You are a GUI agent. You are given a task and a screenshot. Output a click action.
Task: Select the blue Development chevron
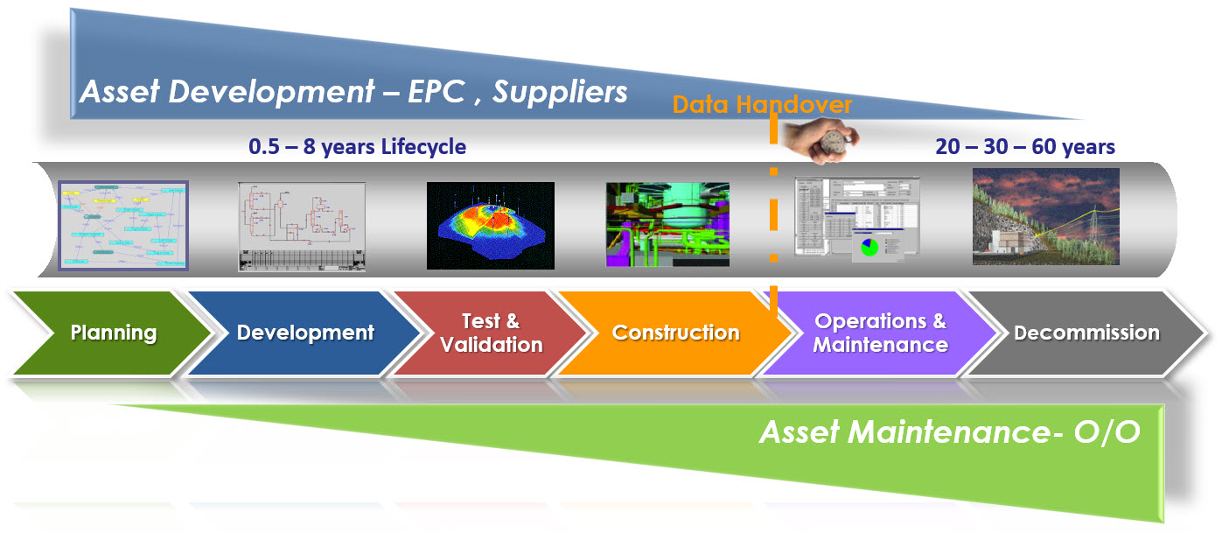coord(305,333)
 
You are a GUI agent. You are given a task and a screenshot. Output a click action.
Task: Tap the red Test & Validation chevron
coord(491,333)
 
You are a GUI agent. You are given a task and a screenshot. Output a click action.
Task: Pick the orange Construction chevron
coord(675,333)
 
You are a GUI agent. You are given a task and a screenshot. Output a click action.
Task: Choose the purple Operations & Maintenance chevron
coord(880,333)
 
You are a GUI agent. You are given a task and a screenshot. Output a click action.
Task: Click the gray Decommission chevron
coord(1086,333)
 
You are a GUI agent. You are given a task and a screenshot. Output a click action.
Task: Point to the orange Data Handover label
coord(762,106)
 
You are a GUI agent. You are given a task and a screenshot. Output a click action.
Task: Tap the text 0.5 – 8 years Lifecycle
coord(357,147)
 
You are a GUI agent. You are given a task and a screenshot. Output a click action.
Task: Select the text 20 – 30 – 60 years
coord(1025,147)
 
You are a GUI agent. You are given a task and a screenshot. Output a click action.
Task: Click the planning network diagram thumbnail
coord(123,225)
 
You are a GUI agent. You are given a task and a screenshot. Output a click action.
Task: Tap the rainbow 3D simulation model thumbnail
coord(490,225)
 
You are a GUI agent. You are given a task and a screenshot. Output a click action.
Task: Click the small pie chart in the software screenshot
coord(869,246)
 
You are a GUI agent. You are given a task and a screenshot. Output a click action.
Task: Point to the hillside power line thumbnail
coord(1045,217)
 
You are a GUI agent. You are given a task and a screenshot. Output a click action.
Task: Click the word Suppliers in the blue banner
coord(560,92)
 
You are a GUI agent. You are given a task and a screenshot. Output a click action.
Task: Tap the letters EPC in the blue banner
coord(441,92)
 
